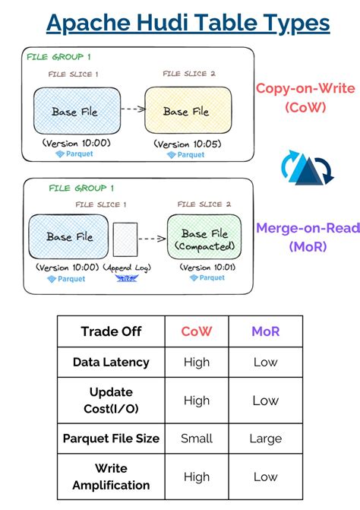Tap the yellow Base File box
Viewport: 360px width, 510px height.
click(x=185, y=111)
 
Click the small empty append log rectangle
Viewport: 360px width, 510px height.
click(x=125, y=241)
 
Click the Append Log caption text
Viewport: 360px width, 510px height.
click(x=126, y=268)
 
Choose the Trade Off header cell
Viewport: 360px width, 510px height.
click(x=111, y=331)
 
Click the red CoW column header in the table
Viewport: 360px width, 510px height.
click(x=196, y=331)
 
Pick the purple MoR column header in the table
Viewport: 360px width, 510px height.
click(x=265, y=331)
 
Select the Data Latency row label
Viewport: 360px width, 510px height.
click(x=111, y=363)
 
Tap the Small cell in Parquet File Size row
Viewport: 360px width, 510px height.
click(x=196, y=439)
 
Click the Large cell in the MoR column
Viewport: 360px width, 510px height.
click(x=265, y=439)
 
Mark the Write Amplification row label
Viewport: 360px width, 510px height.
click(x=111, y=477)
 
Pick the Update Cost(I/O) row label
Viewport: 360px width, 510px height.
click(x=111, y=401)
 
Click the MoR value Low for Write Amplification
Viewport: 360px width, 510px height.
click(x=265, y=477)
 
